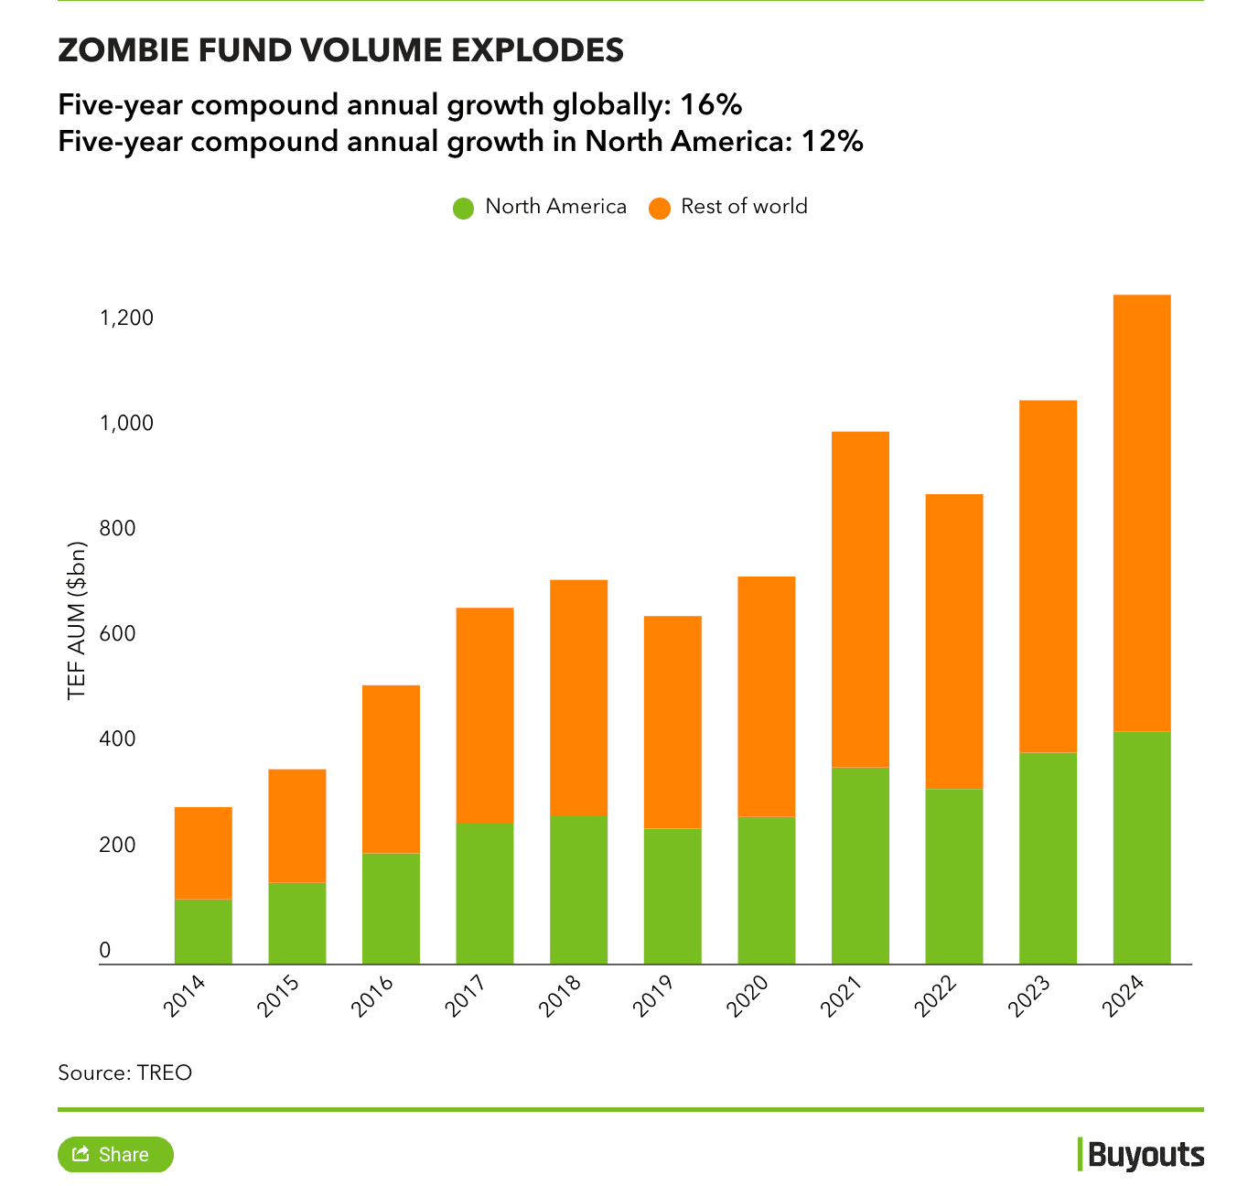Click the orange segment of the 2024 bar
[1141, 512]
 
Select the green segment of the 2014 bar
[203, 931]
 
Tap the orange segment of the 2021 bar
[860, 598]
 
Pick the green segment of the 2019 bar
[672, 896]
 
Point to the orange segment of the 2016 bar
[391, 769]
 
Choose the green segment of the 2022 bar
[953, 876]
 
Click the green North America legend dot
[463, 208]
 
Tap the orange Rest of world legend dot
[659, 208]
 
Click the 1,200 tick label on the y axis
[126, 318]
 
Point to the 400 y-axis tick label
[116, 739]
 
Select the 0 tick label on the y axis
[104, 951]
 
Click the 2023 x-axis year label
[1030, 996]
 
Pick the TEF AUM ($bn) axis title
[77, 620]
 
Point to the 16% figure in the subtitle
[710, 105]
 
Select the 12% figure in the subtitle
[832, 142]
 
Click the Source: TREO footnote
[124, 1073]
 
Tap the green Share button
[115, 1154]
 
